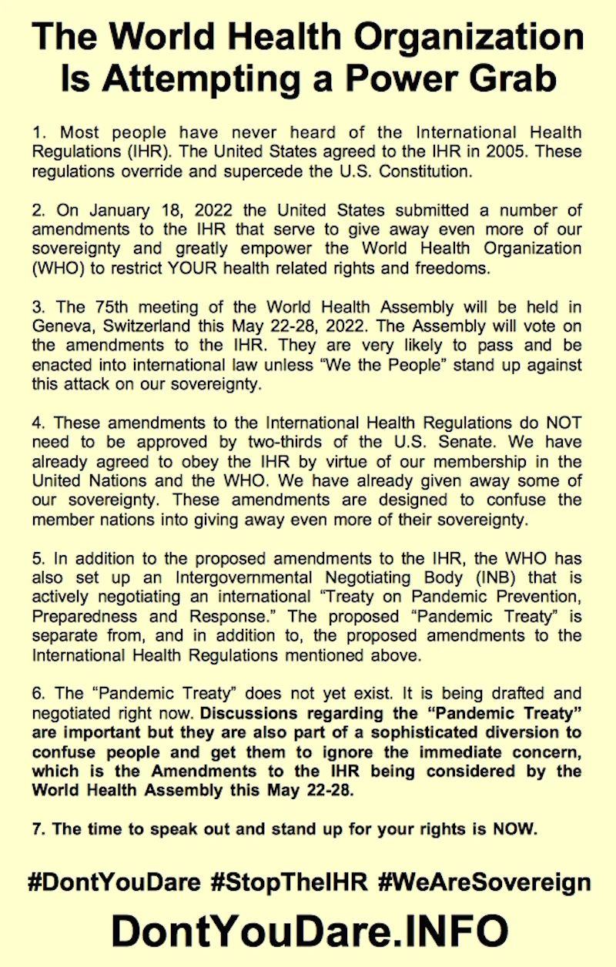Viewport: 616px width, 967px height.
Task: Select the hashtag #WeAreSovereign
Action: tap(484, 882)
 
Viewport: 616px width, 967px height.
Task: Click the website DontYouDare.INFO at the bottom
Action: tap(309, 930)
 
